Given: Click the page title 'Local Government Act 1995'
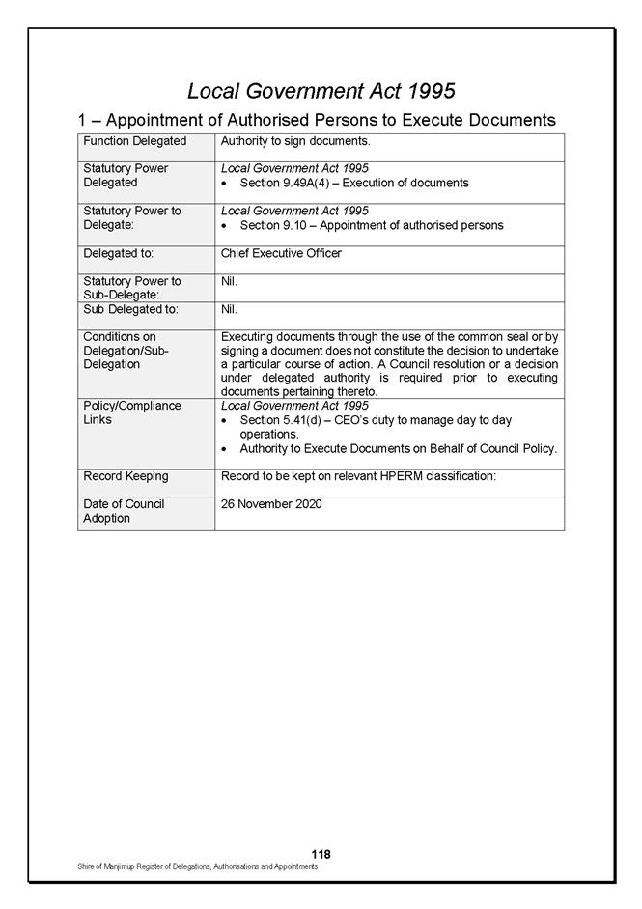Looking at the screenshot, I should click(x=321, y=91).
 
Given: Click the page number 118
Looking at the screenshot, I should click(x=321, y=854).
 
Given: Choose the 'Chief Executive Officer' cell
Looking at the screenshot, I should click(x=281, y=254).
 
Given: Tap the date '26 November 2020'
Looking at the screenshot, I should click(x=271, y=504).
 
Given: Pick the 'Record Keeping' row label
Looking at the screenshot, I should click(x=126, y=476).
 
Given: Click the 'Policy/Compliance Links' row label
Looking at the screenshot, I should click(x=131, y=412).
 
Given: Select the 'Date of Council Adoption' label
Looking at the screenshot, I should click(x=124, y=511).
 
